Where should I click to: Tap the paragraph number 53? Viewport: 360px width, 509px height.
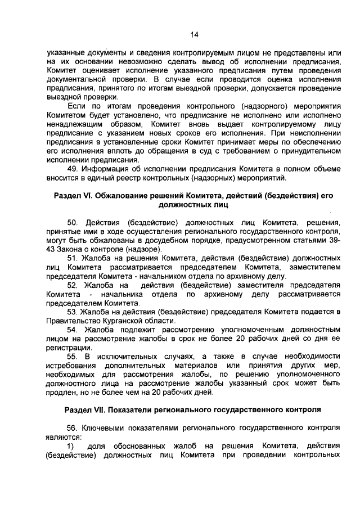73,312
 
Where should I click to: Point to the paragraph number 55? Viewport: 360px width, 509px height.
73,357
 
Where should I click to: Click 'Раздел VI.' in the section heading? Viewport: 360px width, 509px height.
72,196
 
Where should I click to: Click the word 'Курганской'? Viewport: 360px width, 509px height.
126,321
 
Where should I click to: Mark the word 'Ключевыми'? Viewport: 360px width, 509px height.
105,428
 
